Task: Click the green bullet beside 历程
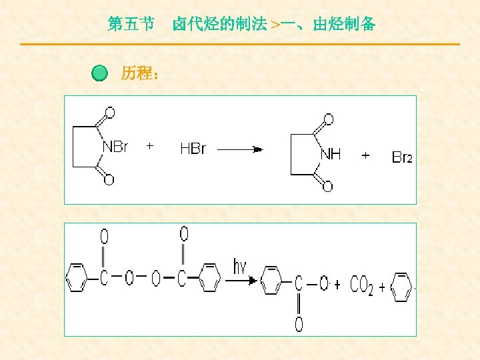(x=99, y=73)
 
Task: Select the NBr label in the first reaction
(x=115, y=147)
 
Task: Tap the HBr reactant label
(x=193, y=149)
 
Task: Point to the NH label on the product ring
(x=331, y=154)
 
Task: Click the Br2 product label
(x=402, y=157)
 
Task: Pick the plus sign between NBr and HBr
(x=150, y=145)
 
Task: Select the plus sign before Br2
(x=365, y=155)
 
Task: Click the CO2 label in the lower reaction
(x=361, y=286)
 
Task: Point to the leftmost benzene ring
(x=77, y=279)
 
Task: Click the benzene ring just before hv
(x=210, y=277)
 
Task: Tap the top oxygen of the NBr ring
(x=109, y=113)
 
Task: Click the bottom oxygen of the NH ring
(x=327, y=187)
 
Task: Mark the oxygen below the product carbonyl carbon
(x=299, y=325)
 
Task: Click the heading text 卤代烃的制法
(x=219, y=25)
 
